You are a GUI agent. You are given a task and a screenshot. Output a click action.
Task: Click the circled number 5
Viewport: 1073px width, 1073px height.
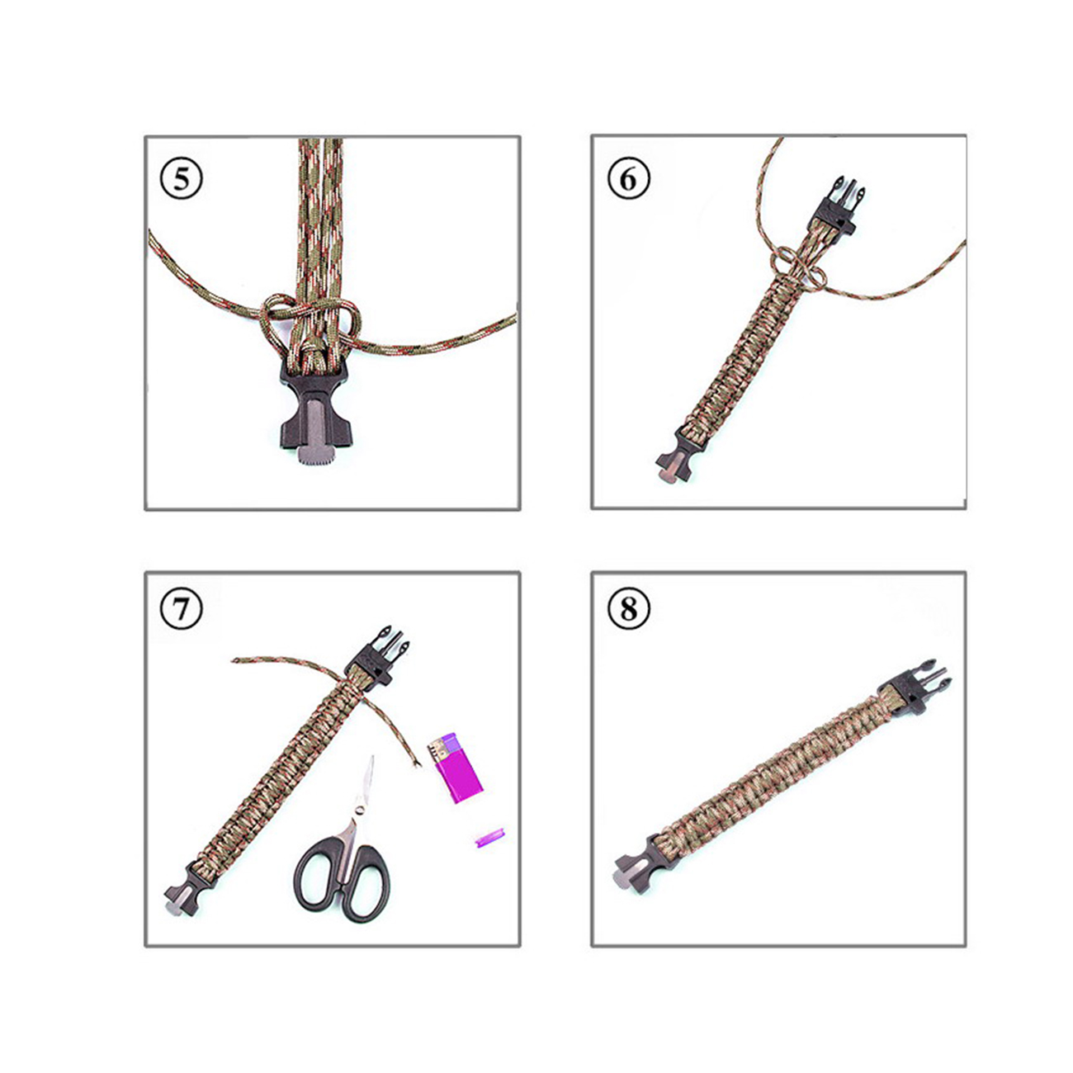[x=181, y=179]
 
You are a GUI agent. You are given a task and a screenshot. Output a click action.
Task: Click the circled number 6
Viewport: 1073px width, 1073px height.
[x=628, y=179]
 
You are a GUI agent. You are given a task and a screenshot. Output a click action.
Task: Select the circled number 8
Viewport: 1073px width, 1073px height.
[x=628, y=608]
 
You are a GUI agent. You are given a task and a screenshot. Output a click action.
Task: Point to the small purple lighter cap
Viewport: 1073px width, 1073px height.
[x=489, y=838]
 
